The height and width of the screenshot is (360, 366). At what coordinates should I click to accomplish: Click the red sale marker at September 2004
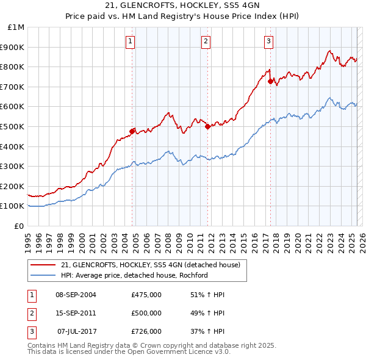(132, 131)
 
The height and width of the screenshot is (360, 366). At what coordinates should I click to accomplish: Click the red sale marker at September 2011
(207, 126)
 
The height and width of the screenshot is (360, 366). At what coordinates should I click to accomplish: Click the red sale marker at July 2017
(270, 81)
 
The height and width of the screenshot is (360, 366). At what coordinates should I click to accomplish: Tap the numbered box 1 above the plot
(131, 41)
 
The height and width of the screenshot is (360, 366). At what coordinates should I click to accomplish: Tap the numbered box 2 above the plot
(206, 41)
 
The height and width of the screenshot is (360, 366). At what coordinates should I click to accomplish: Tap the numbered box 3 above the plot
(268, 41)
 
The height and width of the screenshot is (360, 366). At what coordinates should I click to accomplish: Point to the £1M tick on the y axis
(16, 27)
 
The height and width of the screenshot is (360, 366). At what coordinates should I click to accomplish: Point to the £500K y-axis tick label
(13, 127)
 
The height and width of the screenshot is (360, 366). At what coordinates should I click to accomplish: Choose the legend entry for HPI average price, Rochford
(134, 275)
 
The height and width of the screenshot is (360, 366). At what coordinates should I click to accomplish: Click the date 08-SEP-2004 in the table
(76, 295)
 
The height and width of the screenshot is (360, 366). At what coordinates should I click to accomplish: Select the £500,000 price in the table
(146, 313)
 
